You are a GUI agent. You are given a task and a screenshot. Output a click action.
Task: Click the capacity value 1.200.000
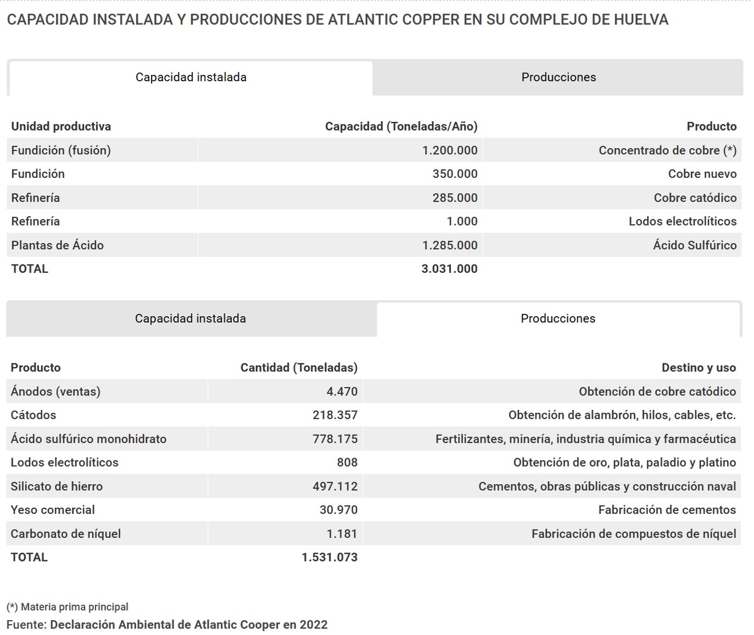[449, 150]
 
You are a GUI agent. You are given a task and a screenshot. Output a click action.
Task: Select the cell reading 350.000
[455, 174]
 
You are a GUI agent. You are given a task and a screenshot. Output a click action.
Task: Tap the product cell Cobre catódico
[695, 198]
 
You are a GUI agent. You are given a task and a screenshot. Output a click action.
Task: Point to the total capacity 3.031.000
[449, 269]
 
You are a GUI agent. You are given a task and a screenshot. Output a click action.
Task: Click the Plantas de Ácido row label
[57, 245]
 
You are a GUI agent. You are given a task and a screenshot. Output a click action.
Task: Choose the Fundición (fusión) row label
[61, 150]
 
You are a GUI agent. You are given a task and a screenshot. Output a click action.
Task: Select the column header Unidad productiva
[61, 126]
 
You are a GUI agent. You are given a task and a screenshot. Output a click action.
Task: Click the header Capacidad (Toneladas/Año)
[401, 126]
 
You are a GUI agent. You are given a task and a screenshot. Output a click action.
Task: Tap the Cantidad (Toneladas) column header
[299, 368]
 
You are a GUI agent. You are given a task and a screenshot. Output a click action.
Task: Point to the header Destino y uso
[699, 368]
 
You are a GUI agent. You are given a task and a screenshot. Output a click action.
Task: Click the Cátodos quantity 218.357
[335, 415]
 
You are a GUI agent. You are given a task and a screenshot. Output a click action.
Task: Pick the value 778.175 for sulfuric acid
[335, 439]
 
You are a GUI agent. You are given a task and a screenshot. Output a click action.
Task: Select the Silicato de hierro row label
[57, 486]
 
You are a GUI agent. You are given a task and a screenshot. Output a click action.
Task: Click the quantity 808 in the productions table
[347, 463]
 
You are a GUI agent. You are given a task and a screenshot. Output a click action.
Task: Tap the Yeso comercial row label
[53, 510]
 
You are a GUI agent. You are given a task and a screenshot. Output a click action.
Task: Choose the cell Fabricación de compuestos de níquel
[634, 534]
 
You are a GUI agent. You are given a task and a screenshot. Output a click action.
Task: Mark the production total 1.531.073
[329, 558]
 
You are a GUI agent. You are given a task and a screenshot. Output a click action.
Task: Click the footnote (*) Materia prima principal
[68, 607]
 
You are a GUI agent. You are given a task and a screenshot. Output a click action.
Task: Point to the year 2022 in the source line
[313, 625]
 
